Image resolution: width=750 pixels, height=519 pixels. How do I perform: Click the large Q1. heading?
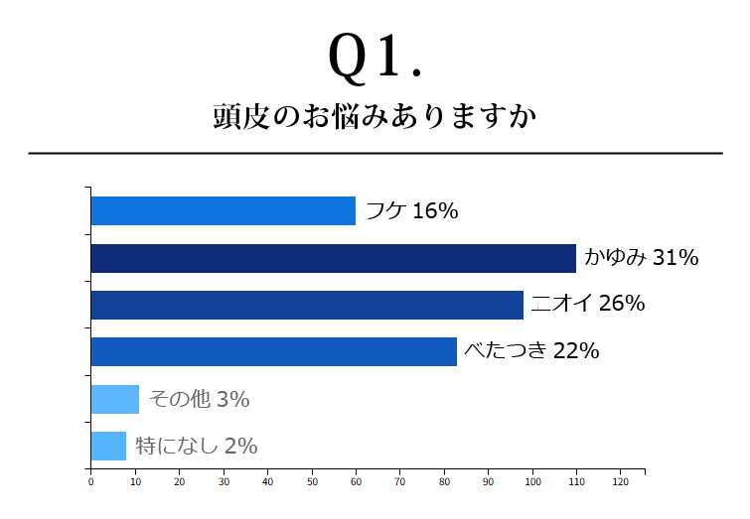click(375, 58)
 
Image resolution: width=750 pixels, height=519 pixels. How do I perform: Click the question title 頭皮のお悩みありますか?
click(375, 117)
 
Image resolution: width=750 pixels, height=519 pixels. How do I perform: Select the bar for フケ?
click(223, 210)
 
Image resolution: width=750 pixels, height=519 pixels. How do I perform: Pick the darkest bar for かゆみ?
click(333, 258)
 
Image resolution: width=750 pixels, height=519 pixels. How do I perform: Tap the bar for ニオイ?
click(307, 305)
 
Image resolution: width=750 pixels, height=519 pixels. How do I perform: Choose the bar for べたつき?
click(273, 351)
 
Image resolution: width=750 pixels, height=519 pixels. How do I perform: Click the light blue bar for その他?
click(114, 399)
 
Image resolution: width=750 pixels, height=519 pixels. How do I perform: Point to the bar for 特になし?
click(108, 446)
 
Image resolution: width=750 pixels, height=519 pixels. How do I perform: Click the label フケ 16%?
click(411, 210)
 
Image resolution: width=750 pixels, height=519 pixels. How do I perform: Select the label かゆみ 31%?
click(642, 258)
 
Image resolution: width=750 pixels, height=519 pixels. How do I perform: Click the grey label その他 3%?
click(199, 399)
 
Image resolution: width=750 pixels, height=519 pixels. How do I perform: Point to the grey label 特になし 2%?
click(196, 446)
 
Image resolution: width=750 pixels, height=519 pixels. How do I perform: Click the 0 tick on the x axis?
click(90, 482)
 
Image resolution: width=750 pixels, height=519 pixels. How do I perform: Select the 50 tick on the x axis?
click(312, 482)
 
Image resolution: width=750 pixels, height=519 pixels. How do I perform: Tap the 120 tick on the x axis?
click(621, 482)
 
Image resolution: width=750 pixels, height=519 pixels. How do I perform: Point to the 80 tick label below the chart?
click(444, 482)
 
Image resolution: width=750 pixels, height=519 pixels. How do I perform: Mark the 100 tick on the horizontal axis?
click(532, 482)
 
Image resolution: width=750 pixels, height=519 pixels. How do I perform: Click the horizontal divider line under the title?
click(375, 154)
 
